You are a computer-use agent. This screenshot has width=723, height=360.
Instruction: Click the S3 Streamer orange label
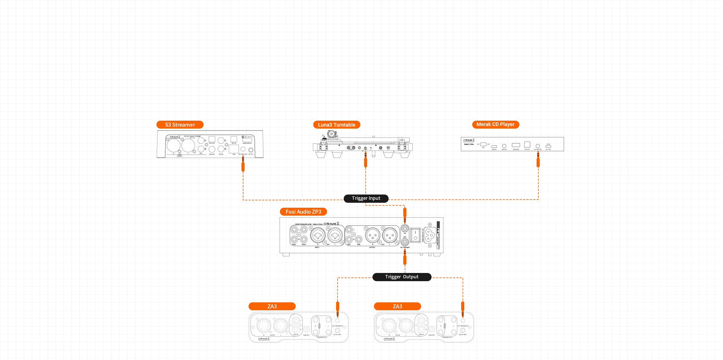coord(180,125)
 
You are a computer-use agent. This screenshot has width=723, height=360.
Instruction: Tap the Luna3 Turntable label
coord(337,125)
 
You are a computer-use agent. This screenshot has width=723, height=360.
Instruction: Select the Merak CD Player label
coord(495,124)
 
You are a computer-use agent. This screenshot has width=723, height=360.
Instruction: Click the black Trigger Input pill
coord(366,198)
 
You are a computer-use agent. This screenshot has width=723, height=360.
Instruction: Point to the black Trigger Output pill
coord(402,277)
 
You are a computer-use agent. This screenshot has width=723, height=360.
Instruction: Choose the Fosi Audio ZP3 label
coord(303,212)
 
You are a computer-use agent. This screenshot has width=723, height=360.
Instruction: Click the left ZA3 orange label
coord(272,306)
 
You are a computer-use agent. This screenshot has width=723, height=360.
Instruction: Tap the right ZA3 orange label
coord(397,306)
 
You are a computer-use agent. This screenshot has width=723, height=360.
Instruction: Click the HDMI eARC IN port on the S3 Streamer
coord(247,140)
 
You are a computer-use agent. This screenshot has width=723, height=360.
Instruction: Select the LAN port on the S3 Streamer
coord(234,149)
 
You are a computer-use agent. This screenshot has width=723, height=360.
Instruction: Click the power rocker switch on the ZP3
coord(415,235)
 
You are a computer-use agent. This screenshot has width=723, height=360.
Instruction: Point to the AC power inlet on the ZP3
coord(430,235)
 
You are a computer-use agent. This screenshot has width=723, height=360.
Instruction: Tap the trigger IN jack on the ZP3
coord(405,229)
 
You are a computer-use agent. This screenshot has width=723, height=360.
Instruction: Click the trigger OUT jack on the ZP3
coord(405,242)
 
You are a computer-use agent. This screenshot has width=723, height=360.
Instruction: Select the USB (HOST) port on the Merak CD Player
coord(516,145)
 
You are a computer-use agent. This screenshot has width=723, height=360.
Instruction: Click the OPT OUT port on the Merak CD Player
coord(527,144)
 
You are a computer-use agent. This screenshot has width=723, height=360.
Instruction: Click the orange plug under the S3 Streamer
coord(243,166)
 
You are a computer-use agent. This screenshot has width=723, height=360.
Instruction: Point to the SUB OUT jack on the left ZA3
coord(306,329)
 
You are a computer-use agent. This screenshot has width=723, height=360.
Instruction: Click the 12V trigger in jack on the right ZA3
coord(463,321)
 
